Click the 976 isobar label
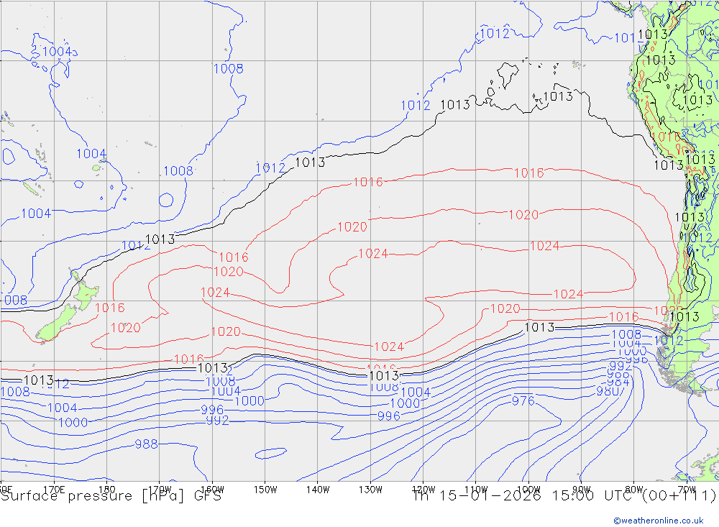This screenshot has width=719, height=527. coord(523,400)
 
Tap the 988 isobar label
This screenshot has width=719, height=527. coord(146,444)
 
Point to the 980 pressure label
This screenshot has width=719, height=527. coord(608,391)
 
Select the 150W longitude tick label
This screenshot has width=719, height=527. coord(265,489)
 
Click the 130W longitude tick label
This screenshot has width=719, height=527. coord(370,489)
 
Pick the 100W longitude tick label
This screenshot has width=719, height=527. coord(528,489)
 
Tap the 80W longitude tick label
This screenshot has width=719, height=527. coord(633,489)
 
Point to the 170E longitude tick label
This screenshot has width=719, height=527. coord(54,489)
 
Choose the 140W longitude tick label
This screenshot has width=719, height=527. coord(318,489)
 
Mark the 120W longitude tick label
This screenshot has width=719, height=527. coord(423,489)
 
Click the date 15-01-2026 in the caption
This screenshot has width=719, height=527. coord(489,496)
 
